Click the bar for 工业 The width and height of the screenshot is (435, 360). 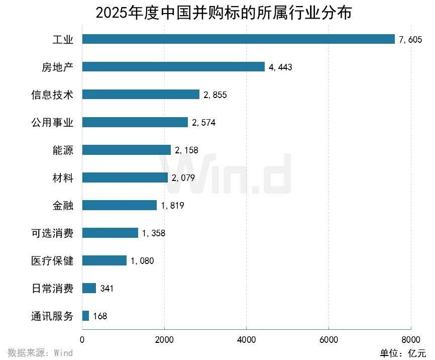tap(238, 39)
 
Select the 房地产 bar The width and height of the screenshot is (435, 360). tap(173, 67)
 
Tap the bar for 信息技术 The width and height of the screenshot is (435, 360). tap(141, 95)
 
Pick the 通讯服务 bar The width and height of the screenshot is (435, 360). tap(85, 316)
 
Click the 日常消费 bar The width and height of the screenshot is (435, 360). tap(89, 288)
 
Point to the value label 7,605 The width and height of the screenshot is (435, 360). tap(410, 40)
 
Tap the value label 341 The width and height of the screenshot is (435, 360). tap(107, 289)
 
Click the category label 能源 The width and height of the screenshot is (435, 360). tap(63, 150)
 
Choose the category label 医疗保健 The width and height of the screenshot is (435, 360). tap(52, 260)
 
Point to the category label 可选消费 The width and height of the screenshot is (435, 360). tap(52, 233)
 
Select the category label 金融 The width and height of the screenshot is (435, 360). tap(63, 205)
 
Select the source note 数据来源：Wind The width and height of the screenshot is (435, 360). tap(40, 352)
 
